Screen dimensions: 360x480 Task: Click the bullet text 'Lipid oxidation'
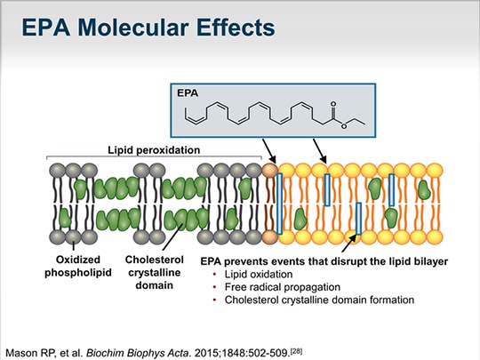coord(250,276)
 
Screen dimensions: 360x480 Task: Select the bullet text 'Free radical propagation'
coord(271,288)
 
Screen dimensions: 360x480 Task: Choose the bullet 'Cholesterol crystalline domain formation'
coord(313,300)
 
